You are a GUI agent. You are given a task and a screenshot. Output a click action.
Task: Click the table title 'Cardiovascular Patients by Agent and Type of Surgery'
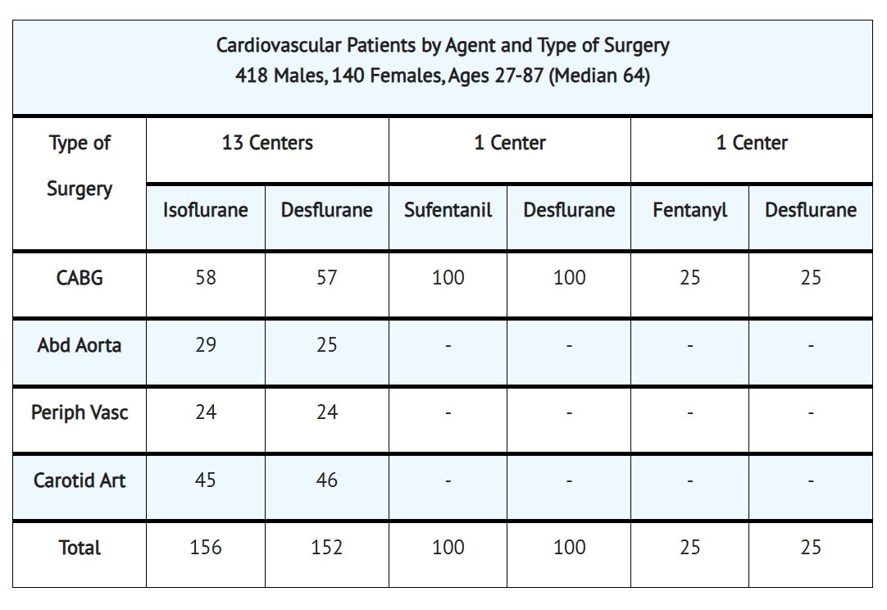(443, 45)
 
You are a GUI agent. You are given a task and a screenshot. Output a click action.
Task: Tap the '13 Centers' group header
(267, 143)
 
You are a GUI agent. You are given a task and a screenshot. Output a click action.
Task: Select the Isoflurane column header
(205, 210)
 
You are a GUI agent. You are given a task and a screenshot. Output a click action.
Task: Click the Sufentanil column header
(448, 210)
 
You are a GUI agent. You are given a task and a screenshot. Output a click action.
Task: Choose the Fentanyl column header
(689, 210)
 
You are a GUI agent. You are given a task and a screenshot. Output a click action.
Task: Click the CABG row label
(80, 278)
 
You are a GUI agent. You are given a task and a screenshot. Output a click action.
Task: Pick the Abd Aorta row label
(80, 345)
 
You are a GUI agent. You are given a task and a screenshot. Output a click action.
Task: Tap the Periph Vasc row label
(80, 412)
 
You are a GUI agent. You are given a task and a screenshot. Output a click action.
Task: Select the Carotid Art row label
(80, 480)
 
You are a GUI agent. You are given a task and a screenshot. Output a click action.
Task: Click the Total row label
(80, 548)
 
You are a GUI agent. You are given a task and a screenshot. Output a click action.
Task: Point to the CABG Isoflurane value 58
(205, 277)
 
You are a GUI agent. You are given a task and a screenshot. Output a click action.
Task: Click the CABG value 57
(326, 277)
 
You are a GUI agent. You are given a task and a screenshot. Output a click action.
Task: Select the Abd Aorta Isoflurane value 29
(205, 344)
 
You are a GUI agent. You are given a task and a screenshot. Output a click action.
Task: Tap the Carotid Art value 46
(326, 480)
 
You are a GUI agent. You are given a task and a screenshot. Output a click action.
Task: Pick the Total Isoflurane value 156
(205, 547)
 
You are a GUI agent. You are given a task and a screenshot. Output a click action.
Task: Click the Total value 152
(326, 547)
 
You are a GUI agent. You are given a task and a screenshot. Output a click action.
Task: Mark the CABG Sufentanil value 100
(448, 277)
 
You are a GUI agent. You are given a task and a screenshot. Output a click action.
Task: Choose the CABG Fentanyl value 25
(689, 277)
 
